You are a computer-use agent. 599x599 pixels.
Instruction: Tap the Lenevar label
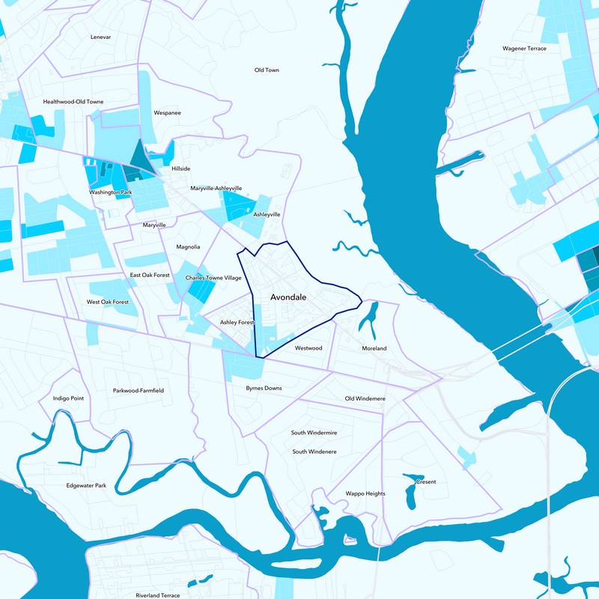(100, 37)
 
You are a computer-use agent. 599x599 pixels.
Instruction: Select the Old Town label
(267, 70)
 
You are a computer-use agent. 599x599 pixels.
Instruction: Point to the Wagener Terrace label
(524, 49)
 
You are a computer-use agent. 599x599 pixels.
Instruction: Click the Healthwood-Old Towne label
(73, 101)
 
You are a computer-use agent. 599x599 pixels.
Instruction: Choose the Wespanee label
(167, 113)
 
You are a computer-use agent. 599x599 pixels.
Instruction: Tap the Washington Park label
(111, 192)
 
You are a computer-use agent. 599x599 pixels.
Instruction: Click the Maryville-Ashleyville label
(216, 189)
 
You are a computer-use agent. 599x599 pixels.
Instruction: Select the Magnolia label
(188, 246)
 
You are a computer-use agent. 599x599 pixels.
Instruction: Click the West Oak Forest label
(108, 302)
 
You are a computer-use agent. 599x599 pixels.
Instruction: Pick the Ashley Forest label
(237, 322)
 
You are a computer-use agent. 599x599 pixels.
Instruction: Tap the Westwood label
(308, 348)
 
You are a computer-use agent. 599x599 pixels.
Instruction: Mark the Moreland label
(374, 348)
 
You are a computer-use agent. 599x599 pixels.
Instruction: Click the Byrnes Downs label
(264, 388)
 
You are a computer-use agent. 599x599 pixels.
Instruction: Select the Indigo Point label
(68, 398)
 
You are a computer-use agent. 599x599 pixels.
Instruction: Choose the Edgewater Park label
(86, 485)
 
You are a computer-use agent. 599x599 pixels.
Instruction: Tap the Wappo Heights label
(365, 493)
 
